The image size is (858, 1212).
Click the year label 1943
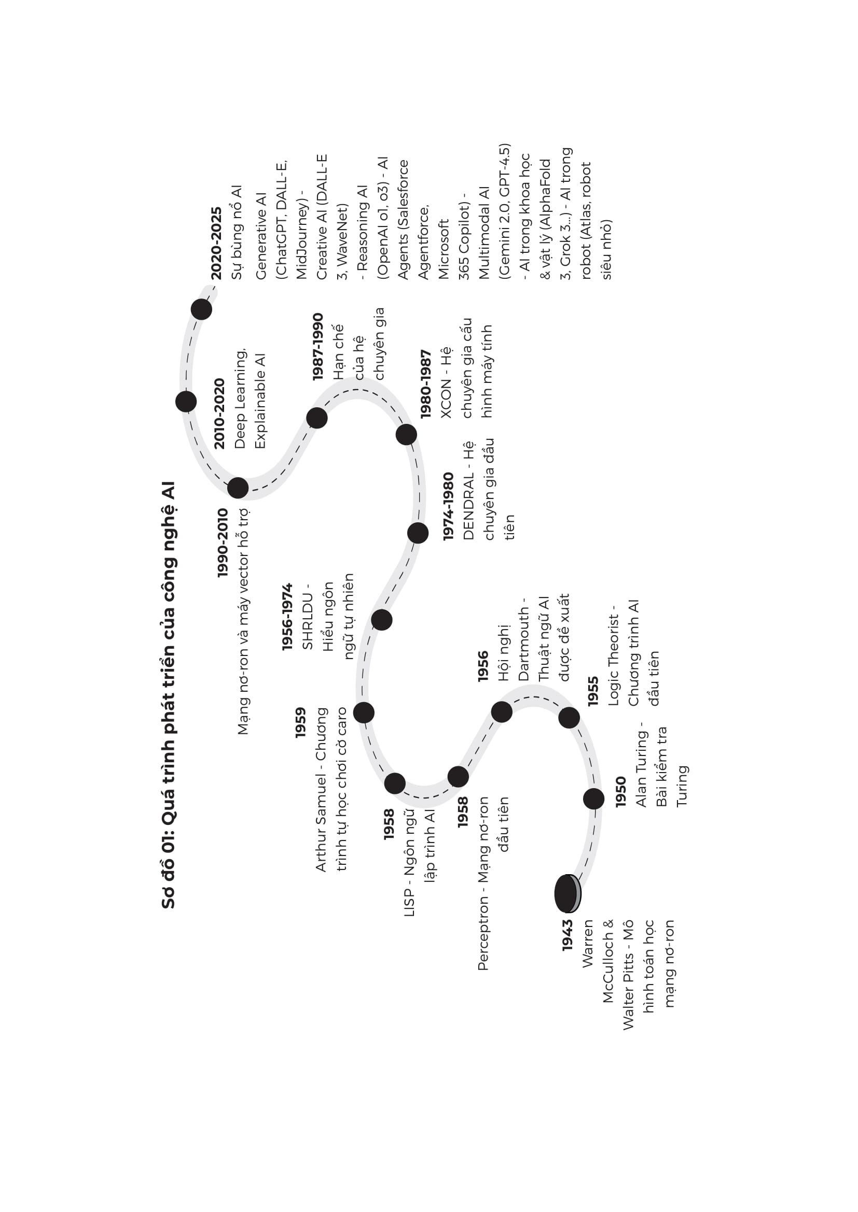click(x=568, y=935)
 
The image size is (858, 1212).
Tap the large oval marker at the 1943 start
click(x=567, y=893)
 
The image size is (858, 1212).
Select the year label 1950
click(x=620, y=791)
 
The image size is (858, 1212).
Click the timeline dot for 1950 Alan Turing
click(x=594, y=799)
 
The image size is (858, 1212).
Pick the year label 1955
click(x=593, y=691)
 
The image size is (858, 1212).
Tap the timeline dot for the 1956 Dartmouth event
click(x=502, y=711)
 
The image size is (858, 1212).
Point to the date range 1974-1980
click(x=448, y=506)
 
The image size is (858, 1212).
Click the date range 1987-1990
click(x=317, y=347)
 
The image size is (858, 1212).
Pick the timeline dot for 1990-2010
click(x=238, y=488)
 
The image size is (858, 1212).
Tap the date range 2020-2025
click(x=216, y=244)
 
